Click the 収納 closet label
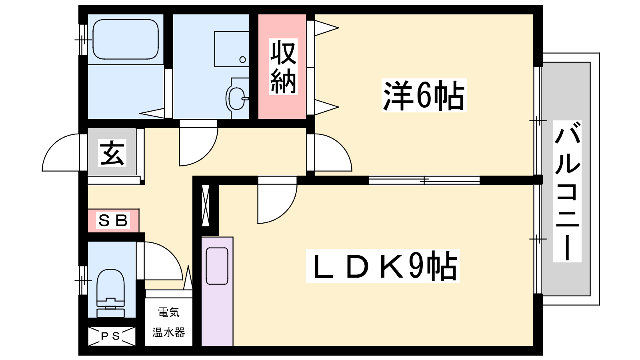point(283,66)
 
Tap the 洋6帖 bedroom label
point(424,96)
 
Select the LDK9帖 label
point(382,266)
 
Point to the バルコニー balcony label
point(567,191)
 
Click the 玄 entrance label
point(112,153)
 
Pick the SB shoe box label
point(113,220)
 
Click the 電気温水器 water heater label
point(168,322)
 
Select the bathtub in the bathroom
point(126,40)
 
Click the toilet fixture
point(110,293)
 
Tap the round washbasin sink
point(236,98)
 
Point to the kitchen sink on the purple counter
point(217,266)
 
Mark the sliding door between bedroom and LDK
point(424,180)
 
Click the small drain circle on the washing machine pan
point(242,60)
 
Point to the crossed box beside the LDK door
point(206,206)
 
